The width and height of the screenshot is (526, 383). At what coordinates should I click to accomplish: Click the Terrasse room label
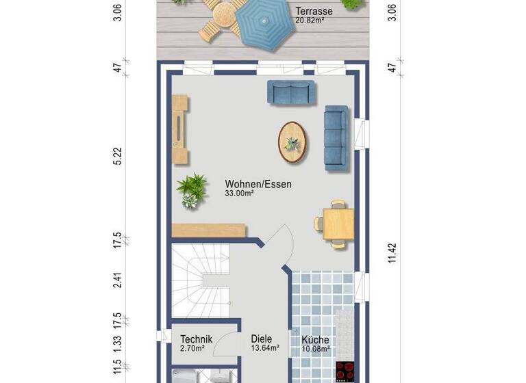314,12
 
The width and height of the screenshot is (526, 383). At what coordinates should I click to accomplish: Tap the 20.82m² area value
310,21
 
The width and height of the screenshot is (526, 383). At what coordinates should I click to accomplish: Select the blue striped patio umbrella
262,23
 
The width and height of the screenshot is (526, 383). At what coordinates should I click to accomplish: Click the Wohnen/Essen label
258,184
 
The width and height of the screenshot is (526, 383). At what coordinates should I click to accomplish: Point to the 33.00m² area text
240,194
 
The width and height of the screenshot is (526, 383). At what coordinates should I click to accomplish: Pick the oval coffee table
292,142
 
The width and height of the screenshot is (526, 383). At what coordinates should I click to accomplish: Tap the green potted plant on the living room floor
191,189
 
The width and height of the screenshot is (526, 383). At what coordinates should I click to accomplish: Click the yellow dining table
338,224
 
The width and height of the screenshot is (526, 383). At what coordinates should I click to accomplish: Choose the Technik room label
196,339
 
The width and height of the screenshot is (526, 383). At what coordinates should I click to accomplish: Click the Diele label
262,339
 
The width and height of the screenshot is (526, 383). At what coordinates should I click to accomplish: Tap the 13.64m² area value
264,348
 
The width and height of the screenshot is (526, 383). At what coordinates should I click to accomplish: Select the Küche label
315,340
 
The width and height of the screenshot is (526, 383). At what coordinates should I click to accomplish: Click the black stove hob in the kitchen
345,371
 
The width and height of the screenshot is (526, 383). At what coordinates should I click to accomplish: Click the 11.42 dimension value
392,251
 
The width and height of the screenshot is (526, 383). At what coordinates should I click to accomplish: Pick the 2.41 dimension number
118,280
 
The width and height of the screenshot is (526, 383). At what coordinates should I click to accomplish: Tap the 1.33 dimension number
118,341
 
